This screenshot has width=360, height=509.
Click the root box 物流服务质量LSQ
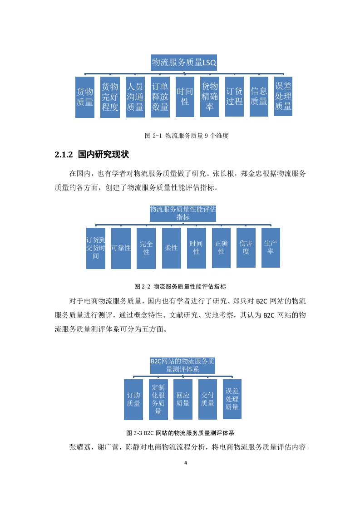point(183,62)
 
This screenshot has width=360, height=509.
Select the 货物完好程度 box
point(110,97)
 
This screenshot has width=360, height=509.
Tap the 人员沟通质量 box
point(135,97)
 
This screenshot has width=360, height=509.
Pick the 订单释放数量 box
point(160,97)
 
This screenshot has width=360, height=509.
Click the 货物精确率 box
point(210,97)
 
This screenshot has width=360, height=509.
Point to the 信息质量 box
point(259,97)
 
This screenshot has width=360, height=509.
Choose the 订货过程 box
point(234,97)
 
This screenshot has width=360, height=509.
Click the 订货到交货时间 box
point(95,248)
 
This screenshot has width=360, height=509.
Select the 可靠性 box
point(121,248)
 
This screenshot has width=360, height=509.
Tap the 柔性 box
point(171,248)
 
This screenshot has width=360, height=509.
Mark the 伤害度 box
point(246,248)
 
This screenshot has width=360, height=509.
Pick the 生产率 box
point(271,248)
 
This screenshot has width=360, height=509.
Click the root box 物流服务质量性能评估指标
point(183,213)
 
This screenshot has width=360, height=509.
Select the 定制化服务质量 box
point(158,400)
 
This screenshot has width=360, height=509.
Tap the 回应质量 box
point(183,399)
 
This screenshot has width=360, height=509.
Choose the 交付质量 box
point(207,399)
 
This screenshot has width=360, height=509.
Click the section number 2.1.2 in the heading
point(64,155)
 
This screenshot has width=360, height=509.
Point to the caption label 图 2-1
point(153,136)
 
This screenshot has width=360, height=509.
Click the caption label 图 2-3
point(134,433)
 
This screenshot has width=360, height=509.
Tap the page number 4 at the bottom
point(186,463)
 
